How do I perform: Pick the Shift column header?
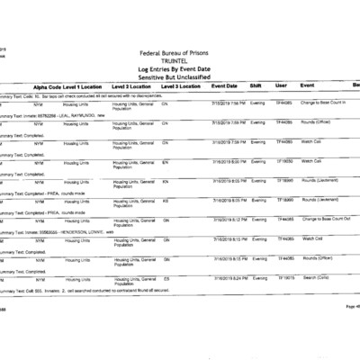tap(256, 85)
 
